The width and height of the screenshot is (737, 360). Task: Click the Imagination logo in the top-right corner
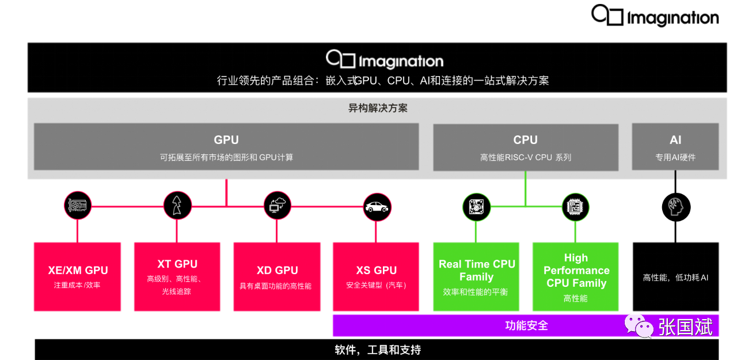pyautogui.click(x=655, y=16)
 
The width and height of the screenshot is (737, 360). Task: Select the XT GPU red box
pyautogui.click(x=177, y=276)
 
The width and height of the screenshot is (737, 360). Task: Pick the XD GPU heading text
pyautogui.click(x=277, y=270)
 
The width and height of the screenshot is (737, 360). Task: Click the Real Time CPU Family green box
pyautogui.click(x=476, y=276)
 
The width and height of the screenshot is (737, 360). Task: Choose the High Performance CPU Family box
pyautogui.click(x=576, y=276)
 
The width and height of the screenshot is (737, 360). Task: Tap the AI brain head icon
pyautogui.click(x=676, y=207)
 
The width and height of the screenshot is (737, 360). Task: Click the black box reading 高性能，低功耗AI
pyautogui.click(x=675, y=277)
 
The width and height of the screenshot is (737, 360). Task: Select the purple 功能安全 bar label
pyautogui.click(x=526, y=326)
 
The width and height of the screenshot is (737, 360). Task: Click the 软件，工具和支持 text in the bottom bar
pyautogui.click(x=378, y=350)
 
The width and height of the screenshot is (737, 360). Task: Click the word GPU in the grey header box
pyautogui.click(x=226, y=140)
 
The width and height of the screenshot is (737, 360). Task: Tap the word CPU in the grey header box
pyautogui.click(x=525, y=140)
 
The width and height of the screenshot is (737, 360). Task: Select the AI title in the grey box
pyautogui.click(x=675, y=140)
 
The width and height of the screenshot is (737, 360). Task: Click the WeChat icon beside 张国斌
pyautogui.click(x=639, y=326)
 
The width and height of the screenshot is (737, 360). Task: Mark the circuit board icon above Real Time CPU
pyautogui.click(x=476, y=207)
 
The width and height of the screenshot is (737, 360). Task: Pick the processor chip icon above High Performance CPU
pyautogui.click(x=576, y=207)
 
